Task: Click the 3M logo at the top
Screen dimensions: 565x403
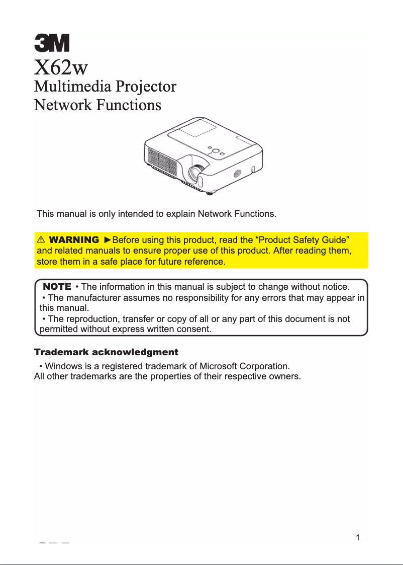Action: (x=52, y=43)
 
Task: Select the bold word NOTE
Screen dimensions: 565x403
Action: (x=57, y=286)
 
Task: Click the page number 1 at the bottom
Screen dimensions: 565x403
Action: (x=357, y=537)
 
